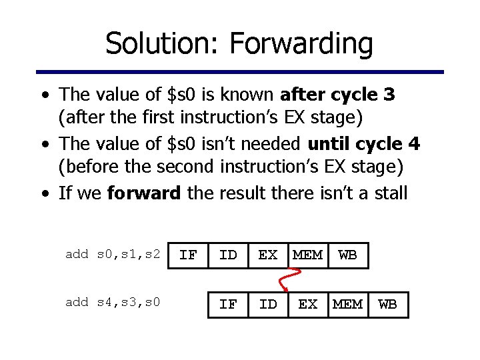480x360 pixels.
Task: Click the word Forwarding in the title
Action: pyautogui.click(x=301, y=44)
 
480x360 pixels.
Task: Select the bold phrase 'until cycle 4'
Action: pyautogui.click(x=364, y=144)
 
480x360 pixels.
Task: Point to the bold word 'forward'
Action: pyautogui.click(x=144, y=193)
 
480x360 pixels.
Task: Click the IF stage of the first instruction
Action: pyautogui.click(x=188, y=255)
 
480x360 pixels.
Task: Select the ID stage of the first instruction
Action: pyautogui.click(x=228, y=255)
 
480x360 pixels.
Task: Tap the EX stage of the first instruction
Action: pyautogui.click(x=268, y=255)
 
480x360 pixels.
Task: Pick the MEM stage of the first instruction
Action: pyautogui.click(x=307, y=255)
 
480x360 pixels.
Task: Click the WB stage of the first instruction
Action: pyautogui.click(x=347, y=255)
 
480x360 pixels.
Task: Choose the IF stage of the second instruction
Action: pyautogui.click(x=228, y=305)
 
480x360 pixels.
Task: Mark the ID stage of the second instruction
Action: pyautogui.click(x=268, y=305)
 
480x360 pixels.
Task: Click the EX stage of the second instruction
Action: pyautogui.click(x=307, y=305)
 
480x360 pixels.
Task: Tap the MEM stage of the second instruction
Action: pyautogui.click(x=347, y=305)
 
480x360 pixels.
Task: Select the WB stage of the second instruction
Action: pyautogui.click(x=387, y=305)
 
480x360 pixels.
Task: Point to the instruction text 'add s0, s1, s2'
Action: pyautogui.click(x=113, y=254)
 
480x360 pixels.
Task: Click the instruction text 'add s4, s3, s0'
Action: pyautogui.click(x=113, y=303)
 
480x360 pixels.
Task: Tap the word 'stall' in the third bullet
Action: pyautogui.click(x=387, y=193)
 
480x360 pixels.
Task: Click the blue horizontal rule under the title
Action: pyautogui.click(x=240, y=72)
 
